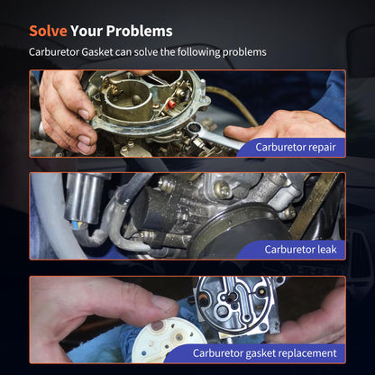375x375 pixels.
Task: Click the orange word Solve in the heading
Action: click(x=48, y=31)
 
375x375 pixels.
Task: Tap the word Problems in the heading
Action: click(x=139, y=31)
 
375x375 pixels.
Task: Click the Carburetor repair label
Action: click(x=296, y=147)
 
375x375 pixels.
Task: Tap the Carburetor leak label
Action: click(x=300, y=250)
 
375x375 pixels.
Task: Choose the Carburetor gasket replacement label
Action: click(x=264, y=353)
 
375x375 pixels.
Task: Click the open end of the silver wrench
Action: click(x=193, y=129)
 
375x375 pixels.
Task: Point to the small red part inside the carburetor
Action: click(x=172, y=105)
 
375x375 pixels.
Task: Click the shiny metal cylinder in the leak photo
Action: click(x=83, y=198)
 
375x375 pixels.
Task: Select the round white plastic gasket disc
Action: click(x=169, y=339)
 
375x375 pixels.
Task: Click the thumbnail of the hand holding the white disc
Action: click(x=163, y=303)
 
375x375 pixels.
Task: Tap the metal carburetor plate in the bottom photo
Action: click(x=237, y=305)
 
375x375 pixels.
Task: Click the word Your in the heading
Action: click(x=87, y=31)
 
